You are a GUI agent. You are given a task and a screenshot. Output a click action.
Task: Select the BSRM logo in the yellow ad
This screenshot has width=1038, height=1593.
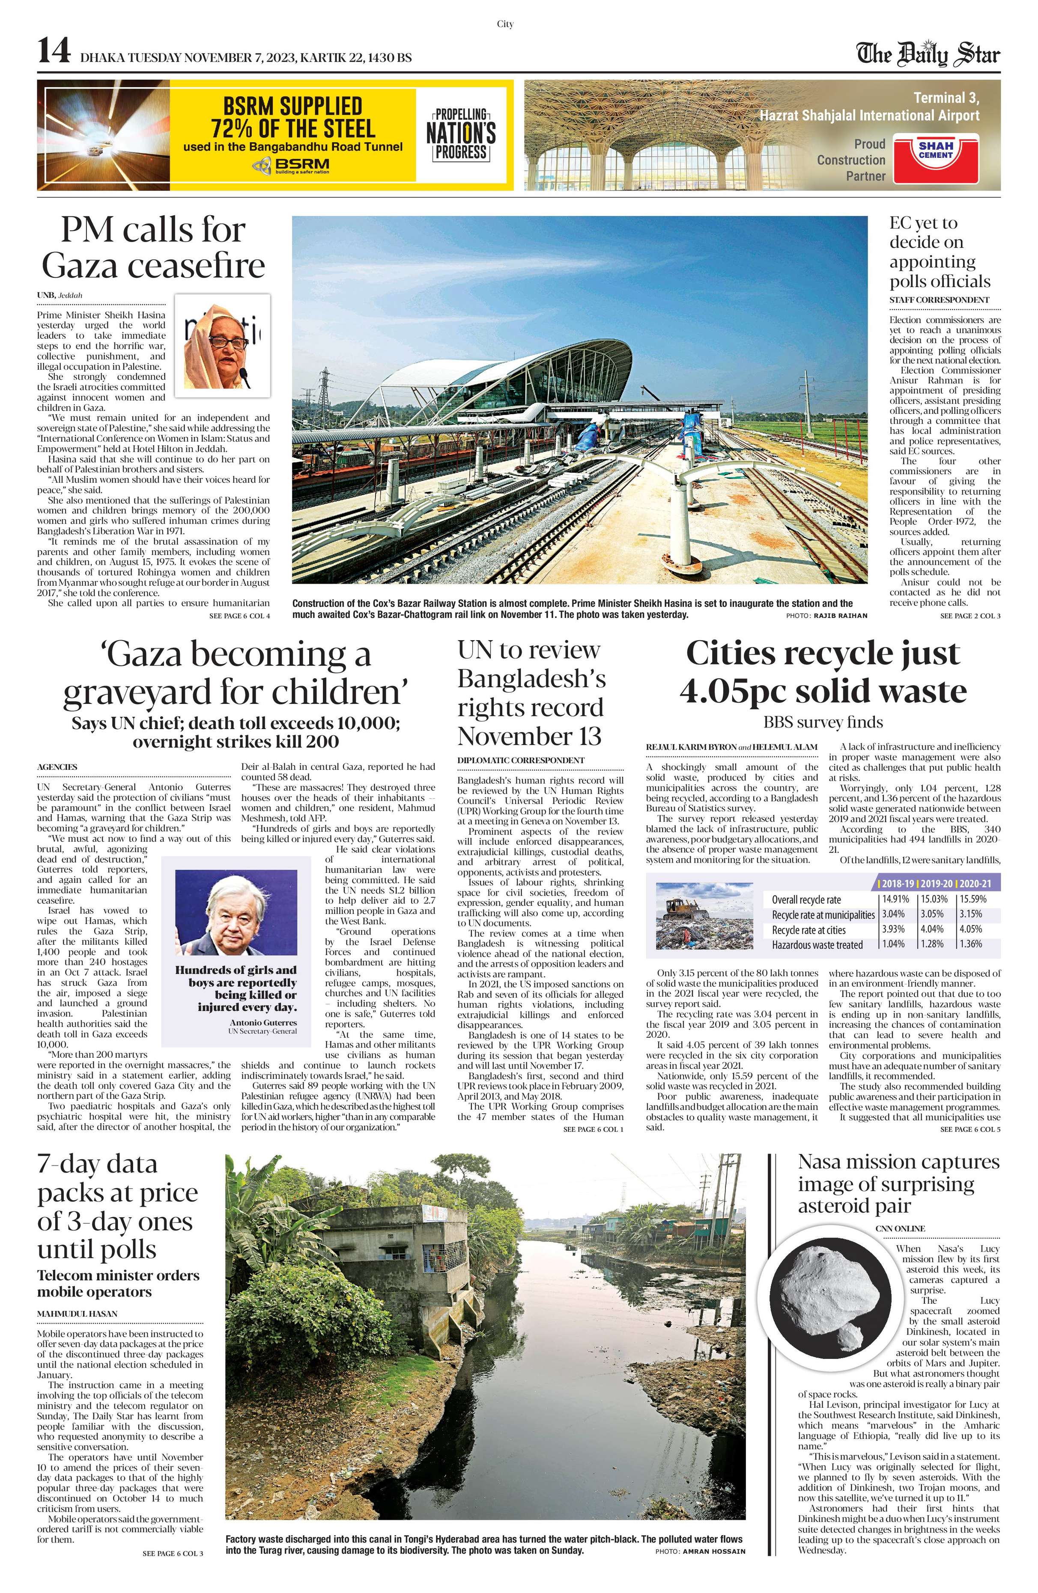pyautogui.click(x=291, y=165)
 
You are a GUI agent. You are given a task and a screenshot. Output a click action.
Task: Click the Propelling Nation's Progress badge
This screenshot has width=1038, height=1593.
pyautogui.click(x=461, y=134)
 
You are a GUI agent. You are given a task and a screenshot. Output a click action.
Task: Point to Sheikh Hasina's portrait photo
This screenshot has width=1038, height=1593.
pyautogui.click(x=222, y=345)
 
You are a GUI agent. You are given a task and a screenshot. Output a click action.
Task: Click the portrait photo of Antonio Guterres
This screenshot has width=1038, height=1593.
pyautogui.click(x=236, y=912)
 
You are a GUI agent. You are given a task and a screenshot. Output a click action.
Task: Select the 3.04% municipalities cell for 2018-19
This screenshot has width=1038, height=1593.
pyautogui.click(x=893, y=914)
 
